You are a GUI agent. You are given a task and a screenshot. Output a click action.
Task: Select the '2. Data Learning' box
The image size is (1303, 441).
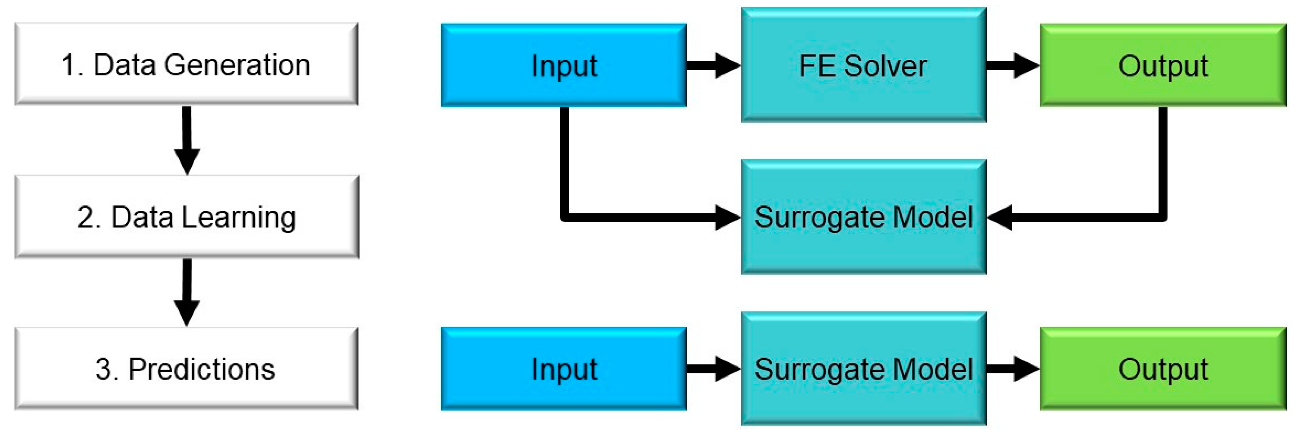pos(186,217)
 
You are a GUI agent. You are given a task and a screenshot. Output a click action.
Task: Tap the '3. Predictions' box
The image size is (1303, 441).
pos(186,369)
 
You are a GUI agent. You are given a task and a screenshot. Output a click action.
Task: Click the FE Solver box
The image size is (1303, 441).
pos(863,65)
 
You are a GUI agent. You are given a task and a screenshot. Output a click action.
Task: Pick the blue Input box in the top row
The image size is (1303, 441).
pos(564,65)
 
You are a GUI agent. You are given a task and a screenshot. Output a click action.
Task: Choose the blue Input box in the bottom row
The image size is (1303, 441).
pos(564,369)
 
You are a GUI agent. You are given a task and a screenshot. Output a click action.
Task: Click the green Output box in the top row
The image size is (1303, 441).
pos(1162,65)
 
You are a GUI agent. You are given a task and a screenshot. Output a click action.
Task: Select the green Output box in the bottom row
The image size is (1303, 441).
pos(1162,369)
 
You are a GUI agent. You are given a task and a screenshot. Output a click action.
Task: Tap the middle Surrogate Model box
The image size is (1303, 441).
pos(863,217)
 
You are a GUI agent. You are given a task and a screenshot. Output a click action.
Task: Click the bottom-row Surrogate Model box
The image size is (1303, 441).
pos(863,369)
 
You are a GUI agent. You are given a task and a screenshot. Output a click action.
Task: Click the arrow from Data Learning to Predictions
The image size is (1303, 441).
pos(186,292)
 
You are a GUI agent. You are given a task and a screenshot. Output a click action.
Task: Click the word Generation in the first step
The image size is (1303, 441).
pos(237,65)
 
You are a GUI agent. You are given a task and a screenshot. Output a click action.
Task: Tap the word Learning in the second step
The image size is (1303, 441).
pos(239,217)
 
